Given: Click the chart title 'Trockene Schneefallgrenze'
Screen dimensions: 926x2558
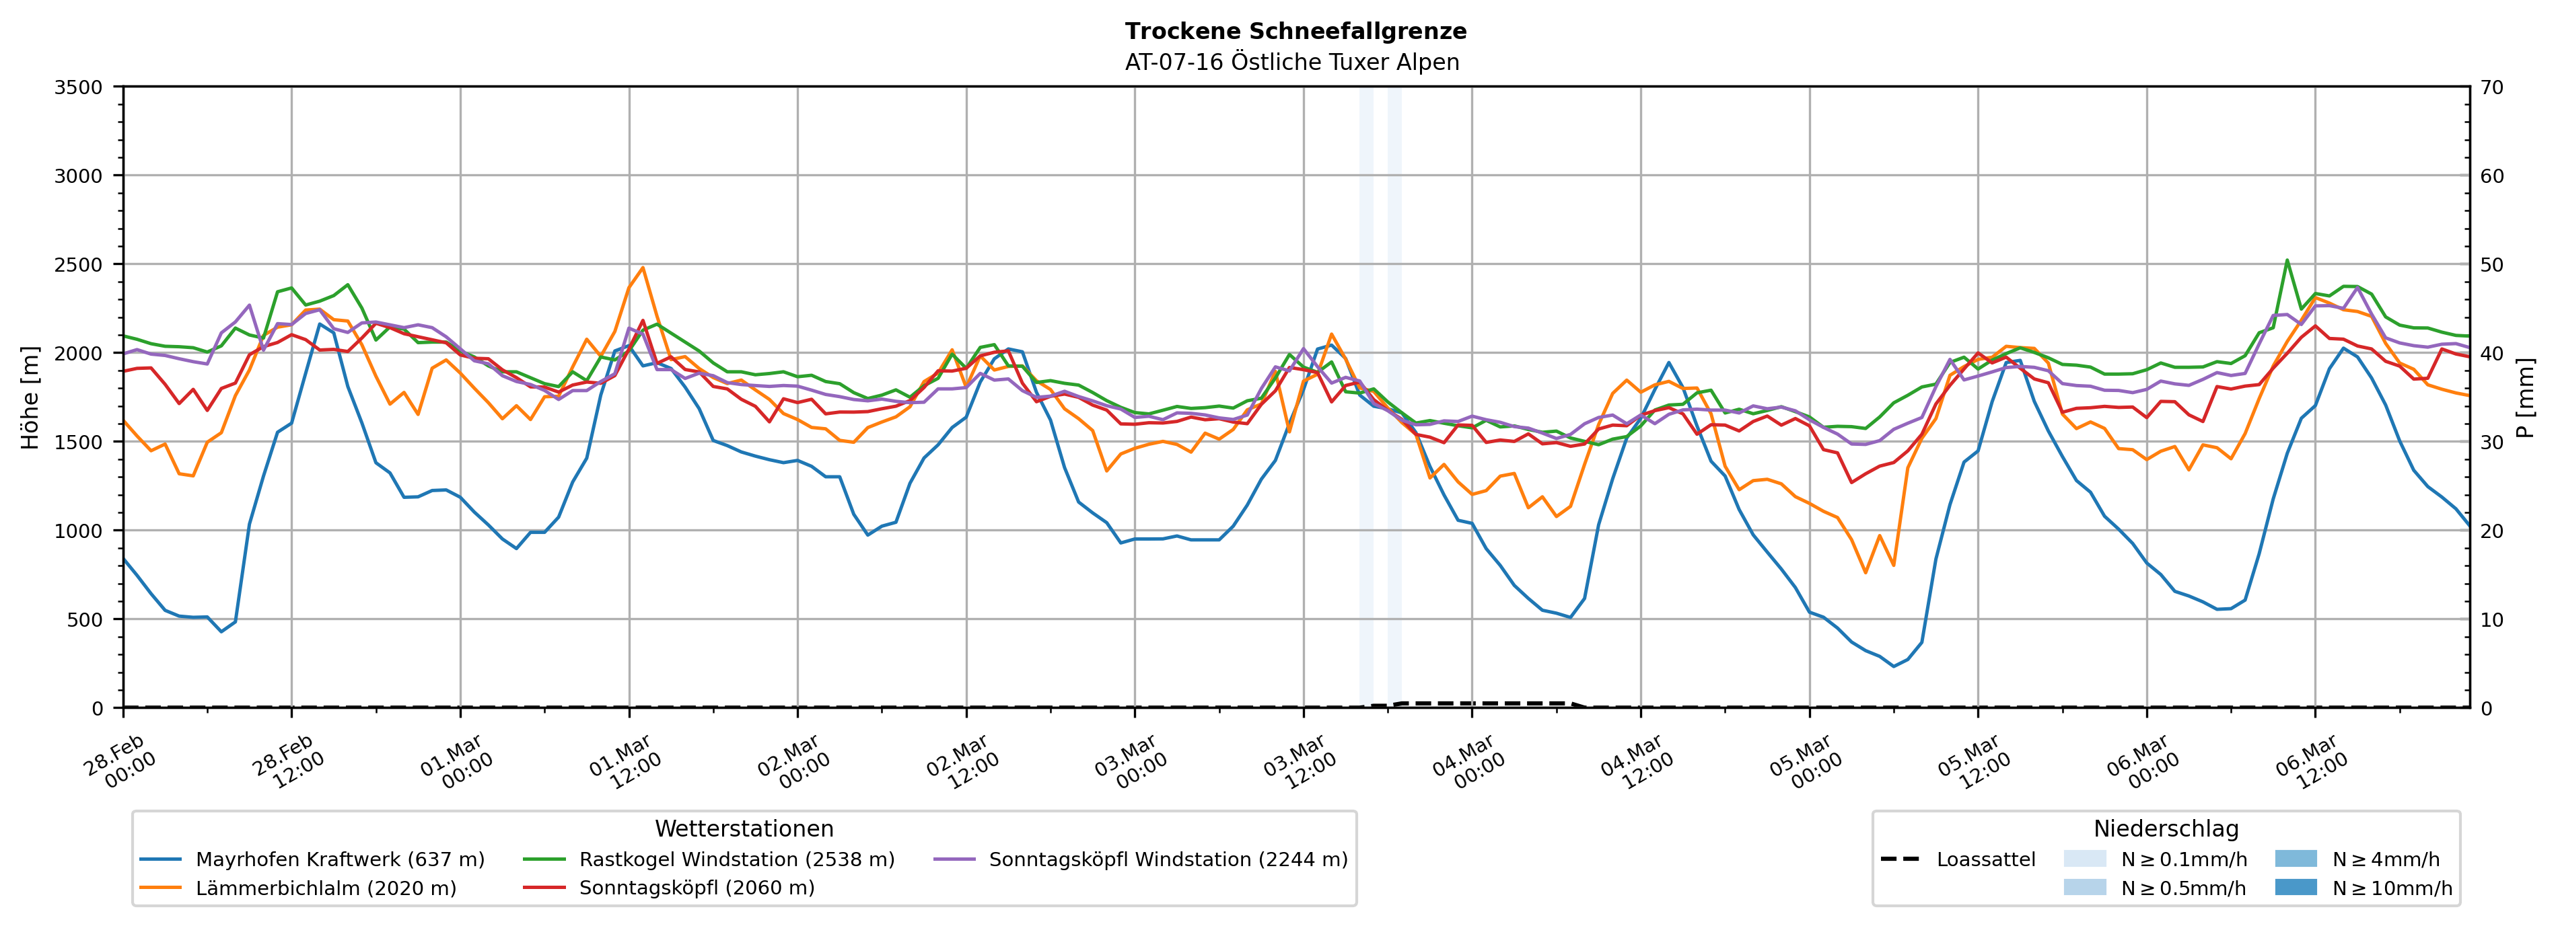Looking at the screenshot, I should (x=1295, y=31).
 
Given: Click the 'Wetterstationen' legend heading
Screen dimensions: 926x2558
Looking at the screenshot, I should (x=744, y=828).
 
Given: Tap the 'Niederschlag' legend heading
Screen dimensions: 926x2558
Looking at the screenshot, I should (x=2166, y=828).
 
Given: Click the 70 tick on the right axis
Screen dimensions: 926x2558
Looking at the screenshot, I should (x=2493, y=87).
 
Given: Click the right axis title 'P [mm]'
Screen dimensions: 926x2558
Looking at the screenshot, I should (x=2525, y=397).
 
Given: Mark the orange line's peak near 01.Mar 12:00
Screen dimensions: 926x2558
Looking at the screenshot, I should (x=643, y=268).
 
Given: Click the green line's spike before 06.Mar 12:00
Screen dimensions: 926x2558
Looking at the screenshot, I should (x=2287, y=261).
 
